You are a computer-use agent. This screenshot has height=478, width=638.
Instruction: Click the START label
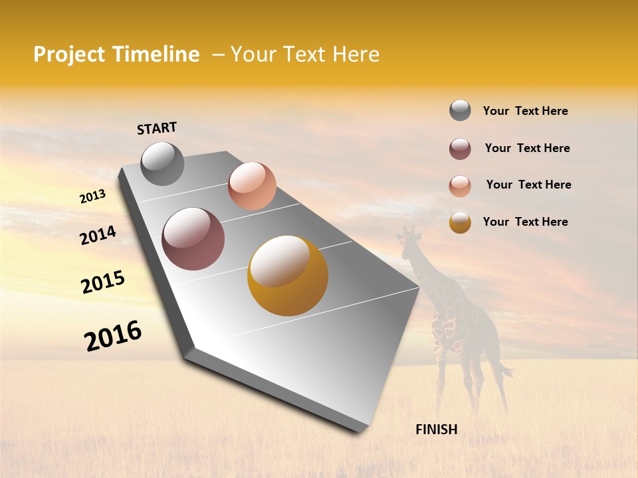pyautogui.click(x=157, y=128)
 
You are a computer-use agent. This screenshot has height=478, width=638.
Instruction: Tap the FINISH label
pyautogui.click(x=436, y=430)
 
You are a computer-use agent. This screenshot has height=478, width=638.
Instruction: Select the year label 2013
pyautogui.click(x=92, y=197)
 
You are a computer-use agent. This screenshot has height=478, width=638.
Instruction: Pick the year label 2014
pyautogui.click(x=98, y=236)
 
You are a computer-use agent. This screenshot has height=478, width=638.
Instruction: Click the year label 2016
pyautogui.click(x=113, y=336)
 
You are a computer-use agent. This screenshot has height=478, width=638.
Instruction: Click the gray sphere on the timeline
pyautogui.click(x=162, y=164)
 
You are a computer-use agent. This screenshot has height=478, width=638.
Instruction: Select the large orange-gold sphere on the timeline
pyautogui.click(x=287, y=276)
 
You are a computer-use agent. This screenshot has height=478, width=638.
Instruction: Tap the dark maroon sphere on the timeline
pyautogui.click(x=193, y=239)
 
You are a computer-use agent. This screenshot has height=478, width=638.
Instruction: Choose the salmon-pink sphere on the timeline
pyautogui.click(x=252, y=186)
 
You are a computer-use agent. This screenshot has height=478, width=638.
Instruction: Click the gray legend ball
pyautogui.click(x=460, y=111)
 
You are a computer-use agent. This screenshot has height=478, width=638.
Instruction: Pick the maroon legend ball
pyautogui.click(x=460, y=149)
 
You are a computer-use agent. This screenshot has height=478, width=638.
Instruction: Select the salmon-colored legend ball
pyautogui.click(x=460, y=186)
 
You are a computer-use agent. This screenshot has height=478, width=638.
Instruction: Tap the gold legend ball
pyautogui.click(x=460, y=222)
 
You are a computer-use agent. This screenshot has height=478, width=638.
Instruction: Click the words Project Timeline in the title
pyautogui.click(x=116, y=54)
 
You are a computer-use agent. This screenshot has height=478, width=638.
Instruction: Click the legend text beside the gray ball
pyautogui.click(x=525, y=111)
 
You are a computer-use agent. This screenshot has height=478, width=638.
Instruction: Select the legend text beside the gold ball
pyautogui.click(x=525, y=222)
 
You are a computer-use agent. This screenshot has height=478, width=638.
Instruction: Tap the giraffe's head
pyautogui.click(x=410, y=234)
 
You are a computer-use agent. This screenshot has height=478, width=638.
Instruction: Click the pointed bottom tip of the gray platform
pyautogui.click(x=359, y=430)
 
